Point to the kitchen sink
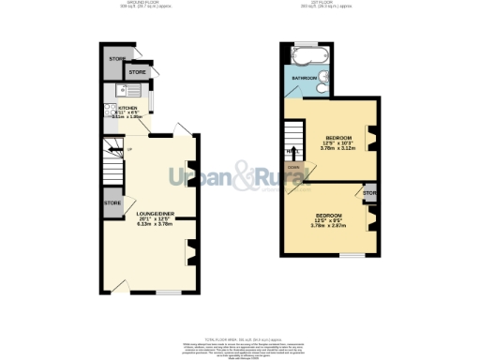(120, 90)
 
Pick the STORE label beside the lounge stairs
(112, 202)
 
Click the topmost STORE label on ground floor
(116, 59)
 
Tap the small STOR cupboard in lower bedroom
(369, 194)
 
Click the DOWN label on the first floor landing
(293, 168)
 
